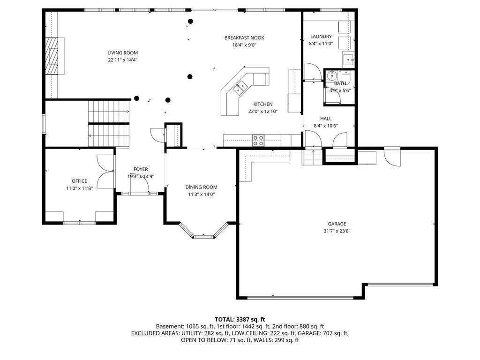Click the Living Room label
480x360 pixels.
[122, 52]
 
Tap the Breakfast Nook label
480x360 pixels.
[244, 38]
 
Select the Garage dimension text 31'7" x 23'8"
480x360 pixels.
[337, 231]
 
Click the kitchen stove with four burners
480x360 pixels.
[258, 141]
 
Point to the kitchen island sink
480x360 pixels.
[240, 88]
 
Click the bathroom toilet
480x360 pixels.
[346, 75]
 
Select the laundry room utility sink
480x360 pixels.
[348, 59]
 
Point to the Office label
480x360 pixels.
[79, 181]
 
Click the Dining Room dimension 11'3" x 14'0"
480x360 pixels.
[202, 194]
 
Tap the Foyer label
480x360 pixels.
[141, 169]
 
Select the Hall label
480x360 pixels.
[326, 119]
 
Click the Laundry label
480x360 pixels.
[321, 37]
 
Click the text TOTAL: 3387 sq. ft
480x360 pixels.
[240, 320]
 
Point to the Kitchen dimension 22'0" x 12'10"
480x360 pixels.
[262, 112]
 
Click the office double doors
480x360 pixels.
[105, 171]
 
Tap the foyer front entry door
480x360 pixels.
[139, 184]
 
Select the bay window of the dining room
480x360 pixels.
[204, 231]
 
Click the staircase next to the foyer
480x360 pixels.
[109, 123]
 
